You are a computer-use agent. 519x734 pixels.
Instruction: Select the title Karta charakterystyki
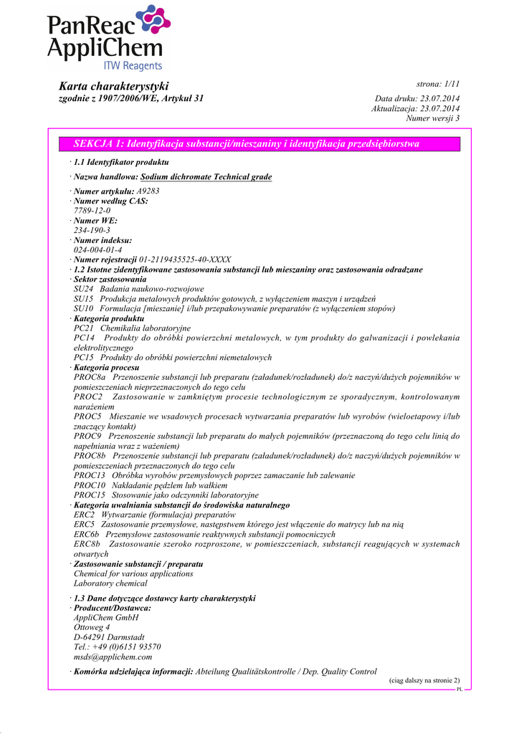coord(113,86)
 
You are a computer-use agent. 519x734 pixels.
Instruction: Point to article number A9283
coord(148,191)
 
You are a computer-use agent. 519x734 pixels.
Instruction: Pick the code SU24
coord(84,289)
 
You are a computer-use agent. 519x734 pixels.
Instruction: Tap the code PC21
coord(84,328)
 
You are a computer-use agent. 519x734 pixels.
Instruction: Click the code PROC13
coord(90,475)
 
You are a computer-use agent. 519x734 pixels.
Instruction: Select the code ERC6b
coord(87,535)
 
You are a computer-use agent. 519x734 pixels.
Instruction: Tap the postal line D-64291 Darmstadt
coord(109,637)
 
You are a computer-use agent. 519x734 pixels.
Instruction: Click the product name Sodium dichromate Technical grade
coord(206,176)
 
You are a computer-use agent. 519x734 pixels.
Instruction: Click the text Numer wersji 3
coord(433,118)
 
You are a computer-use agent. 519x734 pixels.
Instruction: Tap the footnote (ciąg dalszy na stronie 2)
coord(424,680)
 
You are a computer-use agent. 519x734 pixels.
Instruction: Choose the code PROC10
coord(90,485)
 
